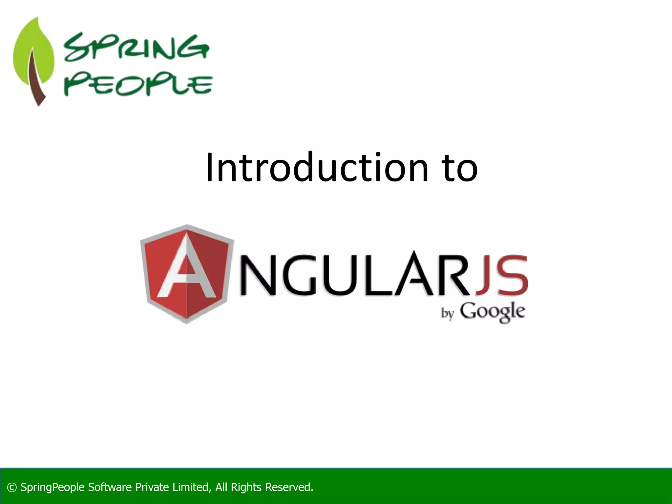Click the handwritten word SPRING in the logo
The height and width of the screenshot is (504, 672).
point(136,48)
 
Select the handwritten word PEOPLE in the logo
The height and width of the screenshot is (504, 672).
point(138,85)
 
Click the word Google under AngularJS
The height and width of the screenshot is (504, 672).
point(492,312)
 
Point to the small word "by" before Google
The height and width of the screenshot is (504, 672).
point(447,314)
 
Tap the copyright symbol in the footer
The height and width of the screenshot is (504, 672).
point(12,487)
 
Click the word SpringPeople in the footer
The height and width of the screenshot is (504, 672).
point(52,487)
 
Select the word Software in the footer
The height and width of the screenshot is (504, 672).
point(110,487)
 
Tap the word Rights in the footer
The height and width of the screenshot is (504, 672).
point(246,487)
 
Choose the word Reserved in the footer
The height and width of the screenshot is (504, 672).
point(289,487)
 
